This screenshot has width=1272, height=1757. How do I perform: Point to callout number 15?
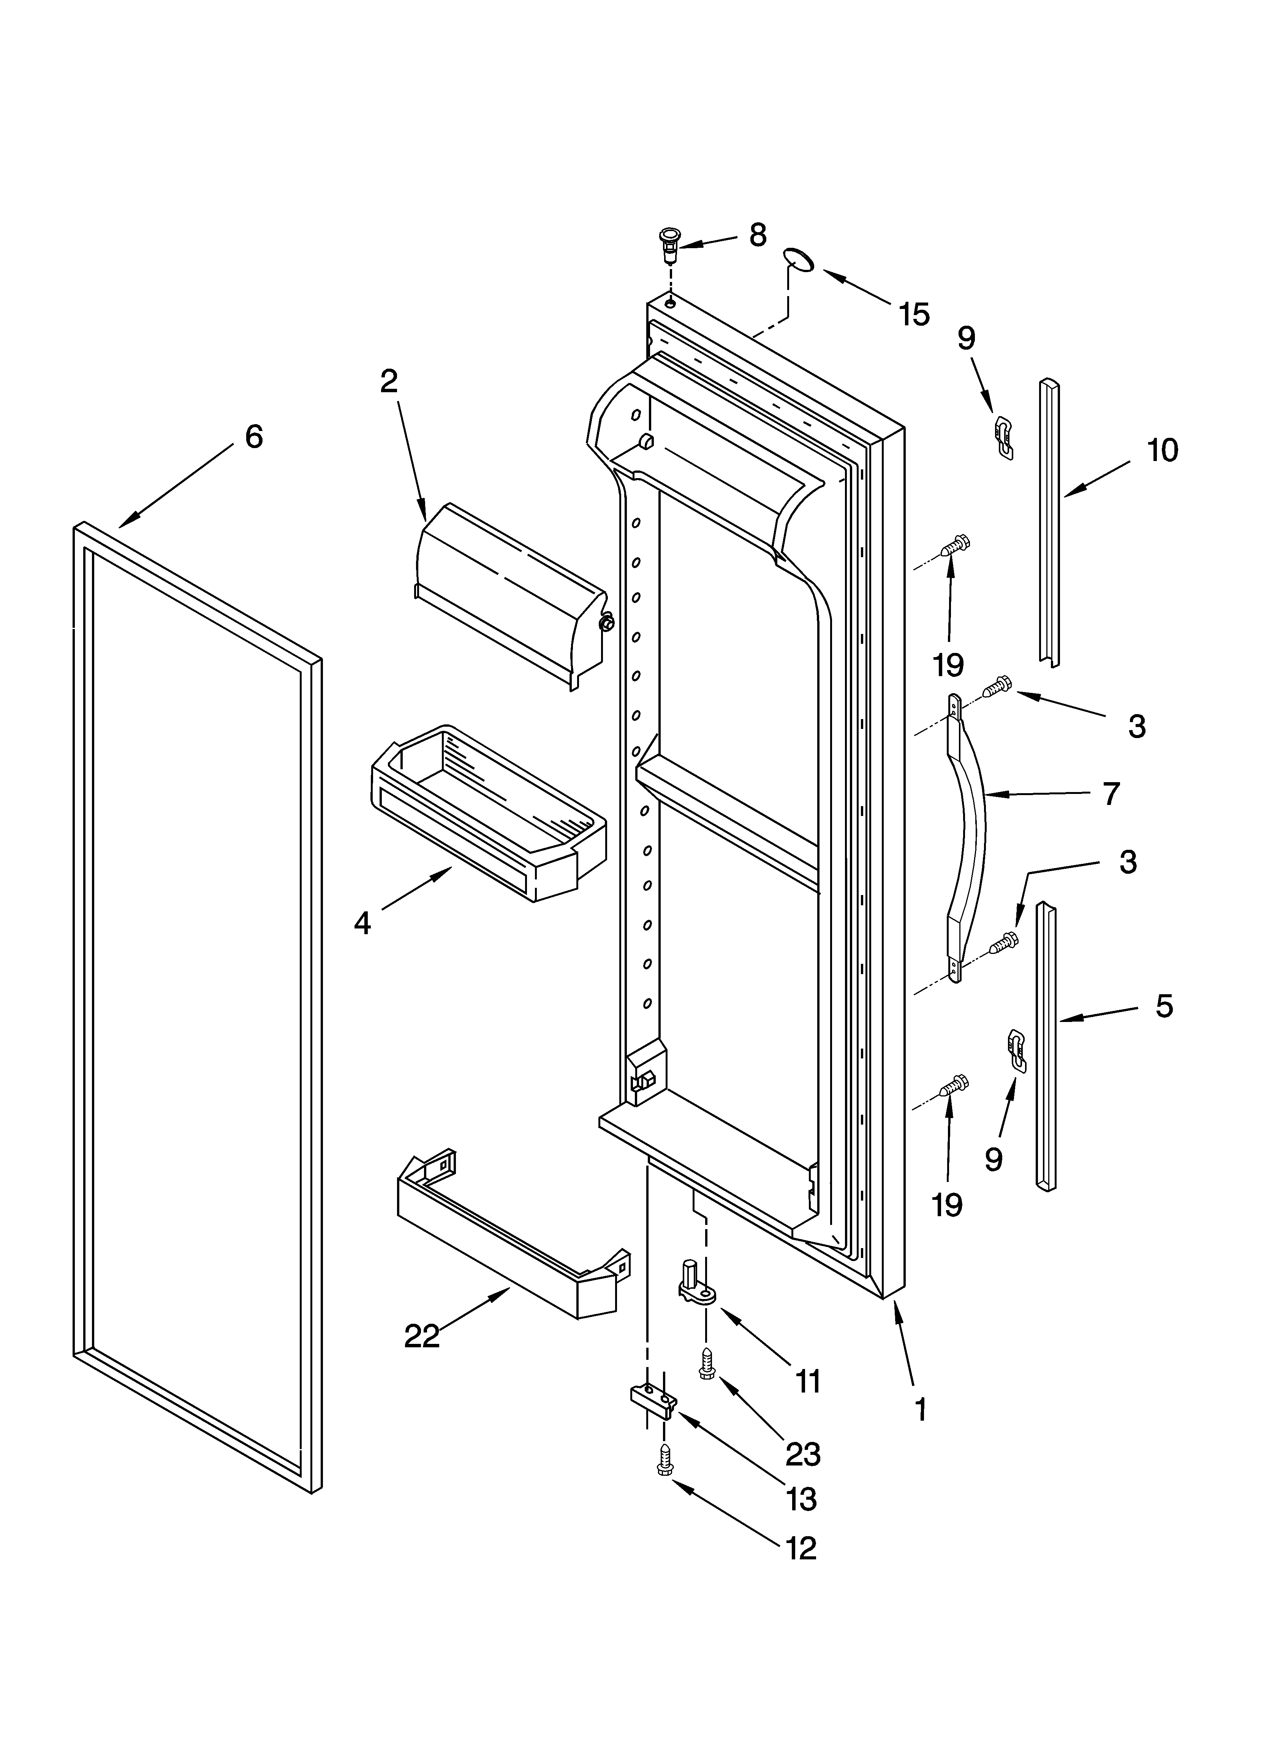[914, 315]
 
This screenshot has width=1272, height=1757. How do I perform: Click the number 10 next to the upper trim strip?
[1162, 450]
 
